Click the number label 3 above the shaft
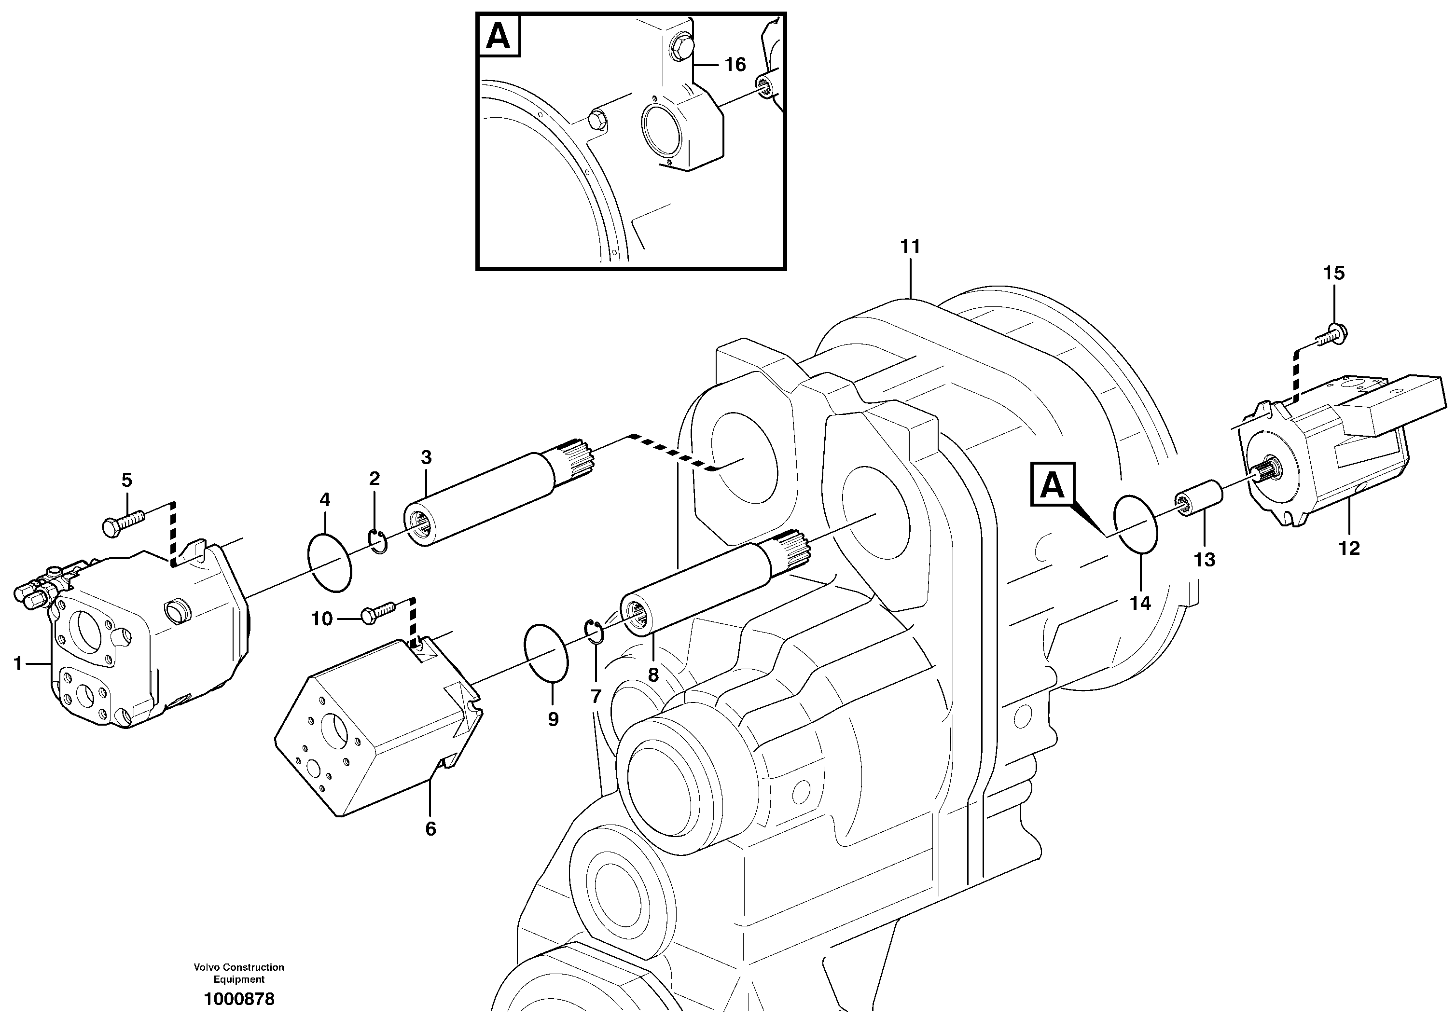pos(426,457)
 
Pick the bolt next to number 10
pos(379,613)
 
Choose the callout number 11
pos(910,247)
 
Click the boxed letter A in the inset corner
pos(498,36)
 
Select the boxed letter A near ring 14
pos(1053,485)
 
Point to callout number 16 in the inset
pos(735,65)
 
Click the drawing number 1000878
pos(239,1000)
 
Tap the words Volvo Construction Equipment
pos(239,973)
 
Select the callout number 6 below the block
pos(430,829)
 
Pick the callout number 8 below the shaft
pos(653,675)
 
